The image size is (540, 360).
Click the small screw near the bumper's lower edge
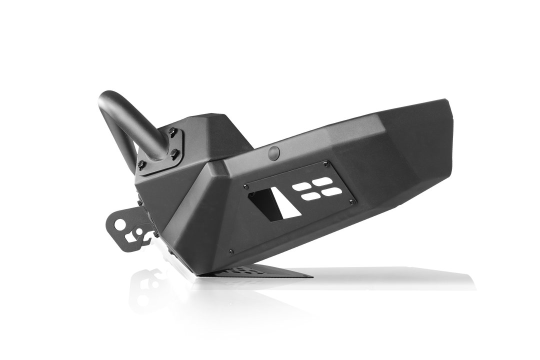click(230, 251)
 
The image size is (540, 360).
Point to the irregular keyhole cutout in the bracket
click(135, 233)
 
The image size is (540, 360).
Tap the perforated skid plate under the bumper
click(250, 273)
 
